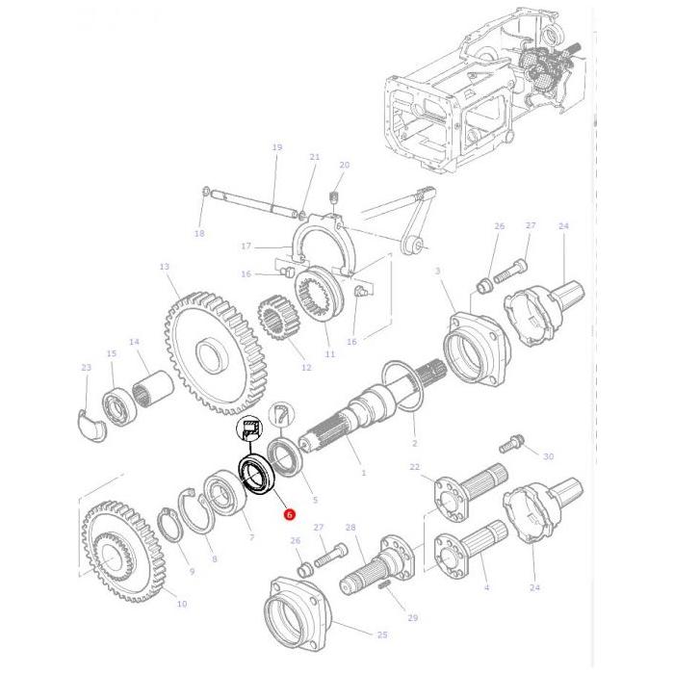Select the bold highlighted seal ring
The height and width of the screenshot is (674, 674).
tap(257, 476)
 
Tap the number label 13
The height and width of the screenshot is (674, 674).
tap(164, 267)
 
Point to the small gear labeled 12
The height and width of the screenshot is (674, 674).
tap(275, 323)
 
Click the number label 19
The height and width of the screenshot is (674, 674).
tap(276, 147)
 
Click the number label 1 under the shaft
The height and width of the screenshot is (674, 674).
tap(363, 473)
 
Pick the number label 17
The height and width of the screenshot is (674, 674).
tap(246, 246)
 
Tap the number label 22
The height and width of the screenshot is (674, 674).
tap(415, 467)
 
